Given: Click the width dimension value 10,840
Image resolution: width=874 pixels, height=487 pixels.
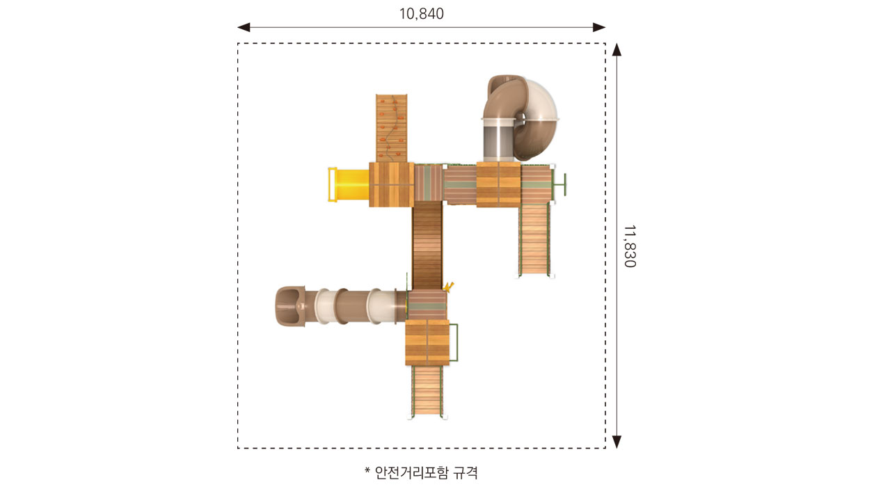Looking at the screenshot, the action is click(422, 14).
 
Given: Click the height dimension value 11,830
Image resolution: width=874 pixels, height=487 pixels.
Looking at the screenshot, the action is click(630, 246).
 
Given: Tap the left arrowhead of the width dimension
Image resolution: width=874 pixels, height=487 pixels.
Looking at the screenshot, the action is click(244, 27).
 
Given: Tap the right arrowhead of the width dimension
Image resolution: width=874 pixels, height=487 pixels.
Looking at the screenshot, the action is click(599, 27).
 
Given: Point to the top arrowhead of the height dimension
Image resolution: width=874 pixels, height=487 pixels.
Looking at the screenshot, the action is click(617, 49).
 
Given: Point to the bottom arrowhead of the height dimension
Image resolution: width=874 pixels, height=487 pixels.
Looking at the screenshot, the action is click(617, 442).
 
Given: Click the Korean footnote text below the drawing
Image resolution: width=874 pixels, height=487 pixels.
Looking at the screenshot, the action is click(426, 472).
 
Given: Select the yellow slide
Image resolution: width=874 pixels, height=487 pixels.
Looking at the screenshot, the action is click(349, 184).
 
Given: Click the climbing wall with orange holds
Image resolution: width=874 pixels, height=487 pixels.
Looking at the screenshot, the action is click(391, 128).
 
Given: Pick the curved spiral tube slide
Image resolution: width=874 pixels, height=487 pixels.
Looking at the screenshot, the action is click(520, 118).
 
